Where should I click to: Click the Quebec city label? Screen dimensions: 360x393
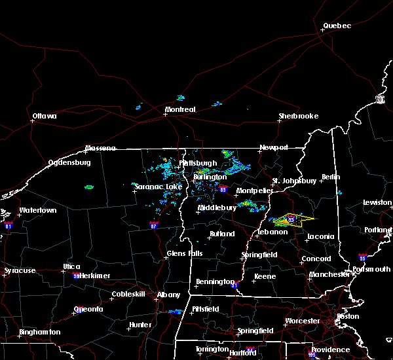(x=337, y=26)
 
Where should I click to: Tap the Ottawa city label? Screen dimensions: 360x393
(x=45, y=117)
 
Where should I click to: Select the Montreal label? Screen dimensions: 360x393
(x=180, y=109)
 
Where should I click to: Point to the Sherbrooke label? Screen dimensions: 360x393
(x=298, y=116)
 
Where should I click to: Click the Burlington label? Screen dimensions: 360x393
(x=210, y=177)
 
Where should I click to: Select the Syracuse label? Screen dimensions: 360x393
(x=18, y=270)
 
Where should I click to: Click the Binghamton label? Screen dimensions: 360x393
(x=39, y=332)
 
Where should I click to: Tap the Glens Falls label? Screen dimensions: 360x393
(x=185, y=253)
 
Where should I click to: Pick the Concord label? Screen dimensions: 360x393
(x=316, y=259)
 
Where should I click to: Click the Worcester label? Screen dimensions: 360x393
(x=302, y=321)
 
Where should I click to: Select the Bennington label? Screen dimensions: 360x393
(x=215, y=282)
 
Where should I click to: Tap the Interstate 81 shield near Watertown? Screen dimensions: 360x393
(x=9, y=225)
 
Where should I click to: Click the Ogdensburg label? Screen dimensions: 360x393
(x=69, y=162)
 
